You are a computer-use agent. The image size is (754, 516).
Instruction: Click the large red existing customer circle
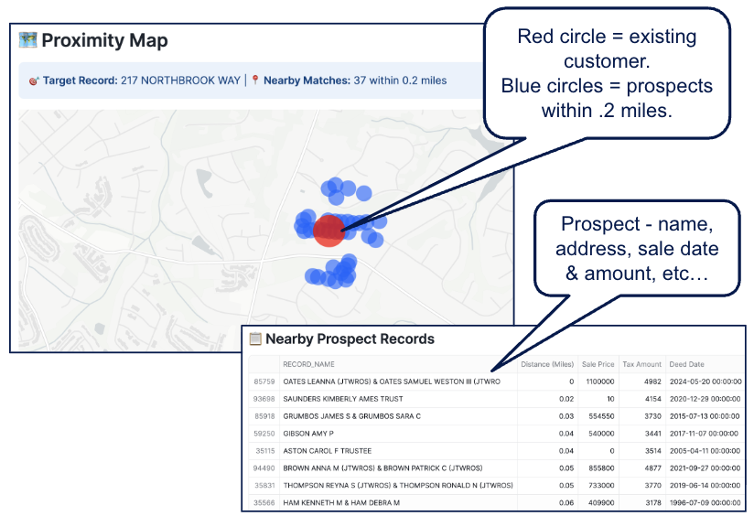[329, 230]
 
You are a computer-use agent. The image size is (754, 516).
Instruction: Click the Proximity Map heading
[104, 40]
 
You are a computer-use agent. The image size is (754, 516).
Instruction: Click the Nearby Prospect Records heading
[350, 339]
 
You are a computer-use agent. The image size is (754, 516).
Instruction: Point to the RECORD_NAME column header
[310, 364]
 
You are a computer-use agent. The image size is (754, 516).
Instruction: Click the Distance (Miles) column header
[547, 364]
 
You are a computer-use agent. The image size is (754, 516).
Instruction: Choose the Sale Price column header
[598, 364]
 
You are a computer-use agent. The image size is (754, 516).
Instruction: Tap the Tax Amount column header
[641, 364]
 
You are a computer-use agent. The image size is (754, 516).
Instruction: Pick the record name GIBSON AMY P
[309, 434]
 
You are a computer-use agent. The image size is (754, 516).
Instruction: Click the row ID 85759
[264, 382]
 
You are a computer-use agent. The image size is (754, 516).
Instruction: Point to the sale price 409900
[599, 502]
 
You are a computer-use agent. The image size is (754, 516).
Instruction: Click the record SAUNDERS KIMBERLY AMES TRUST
[342, 399]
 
